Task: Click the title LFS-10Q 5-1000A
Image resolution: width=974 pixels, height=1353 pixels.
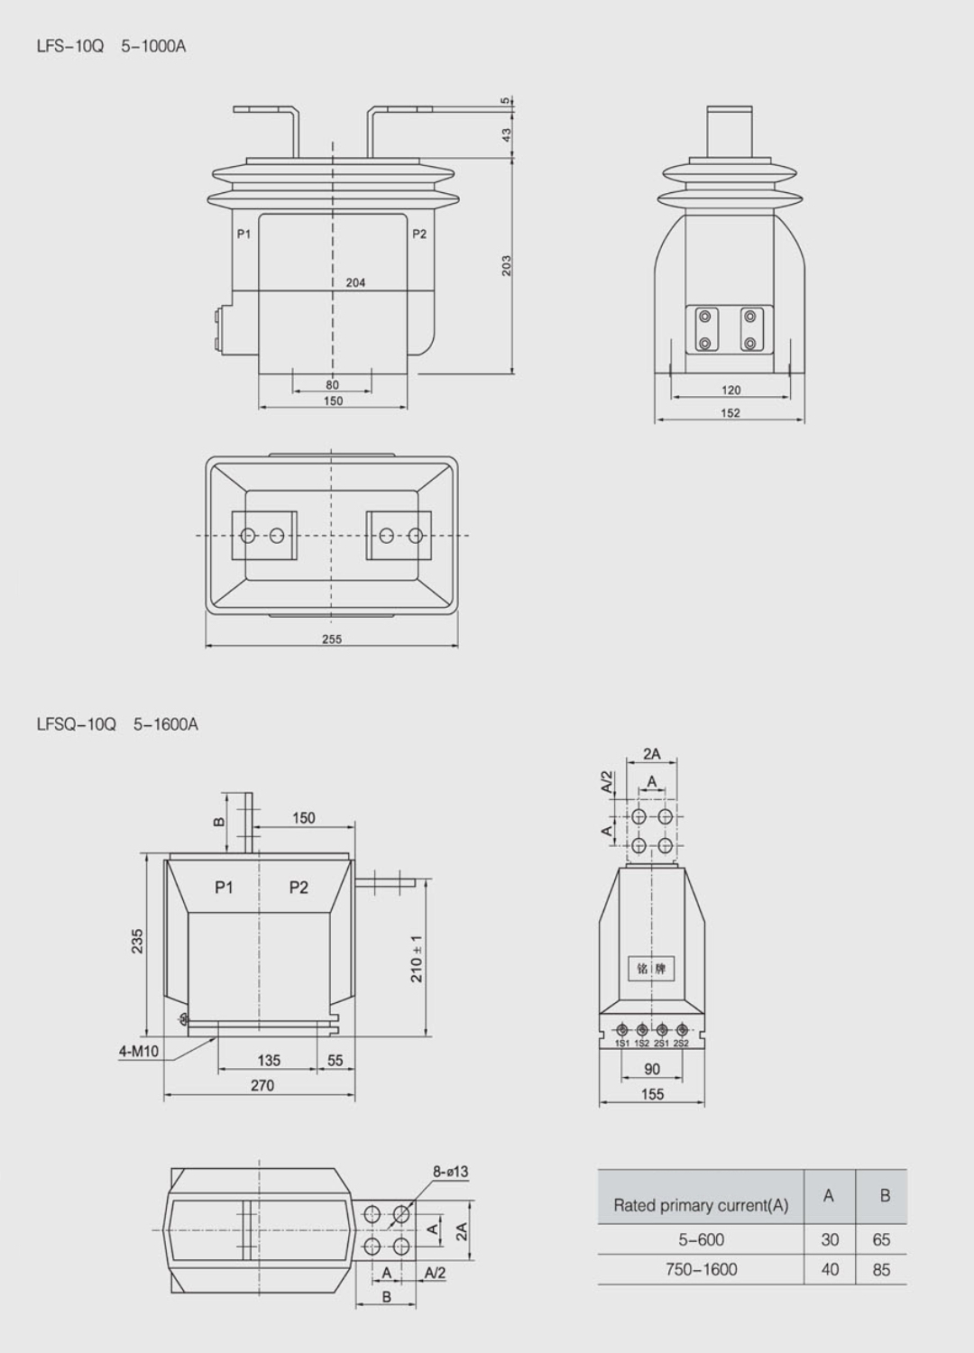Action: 111,46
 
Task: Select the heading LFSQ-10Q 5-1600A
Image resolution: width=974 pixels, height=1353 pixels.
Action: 117,724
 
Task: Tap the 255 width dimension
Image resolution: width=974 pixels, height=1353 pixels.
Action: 332,639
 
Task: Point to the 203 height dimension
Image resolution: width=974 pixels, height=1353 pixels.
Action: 506,265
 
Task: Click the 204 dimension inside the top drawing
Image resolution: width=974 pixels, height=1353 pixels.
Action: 355,282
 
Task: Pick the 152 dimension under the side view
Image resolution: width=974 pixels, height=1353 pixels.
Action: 730,413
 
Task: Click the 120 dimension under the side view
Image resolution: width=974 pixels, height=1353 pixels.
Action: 730,390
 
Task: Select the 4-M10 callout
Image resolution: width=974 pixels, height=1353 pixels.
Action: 139,1051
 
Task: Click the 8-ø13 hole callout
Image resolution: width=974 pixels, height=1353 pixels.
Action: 450,1172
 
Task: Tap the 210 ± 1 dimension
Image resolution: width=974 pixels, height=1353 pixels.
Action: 417,958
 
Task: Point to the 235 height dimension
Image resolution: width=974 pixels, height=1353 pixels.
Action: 137,941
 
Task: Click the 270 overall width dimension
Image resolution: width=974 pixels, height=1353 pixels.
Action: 262,1085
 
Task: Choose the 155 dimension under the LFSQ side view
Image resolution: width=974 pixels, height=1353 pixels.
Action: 651,1094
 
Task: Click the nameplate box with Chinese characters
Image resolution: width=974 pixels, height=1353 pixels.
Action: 651,969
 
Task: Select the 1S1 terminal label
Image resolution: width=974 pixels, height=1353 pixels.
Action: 622,1044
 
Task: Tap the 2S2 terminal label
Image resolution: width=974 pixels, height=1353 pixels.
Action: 681,1044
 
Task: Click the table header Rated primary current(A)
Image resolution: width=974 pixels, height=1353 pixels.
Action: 701,1205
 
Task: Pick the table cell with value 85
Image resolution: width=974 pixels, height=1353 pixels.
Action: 881,1269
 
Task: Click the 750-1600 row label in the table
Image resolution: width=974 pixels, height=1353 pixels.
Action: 701,1269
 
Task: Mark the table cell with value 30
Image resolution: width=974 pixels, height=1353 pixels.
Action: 830,1239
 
